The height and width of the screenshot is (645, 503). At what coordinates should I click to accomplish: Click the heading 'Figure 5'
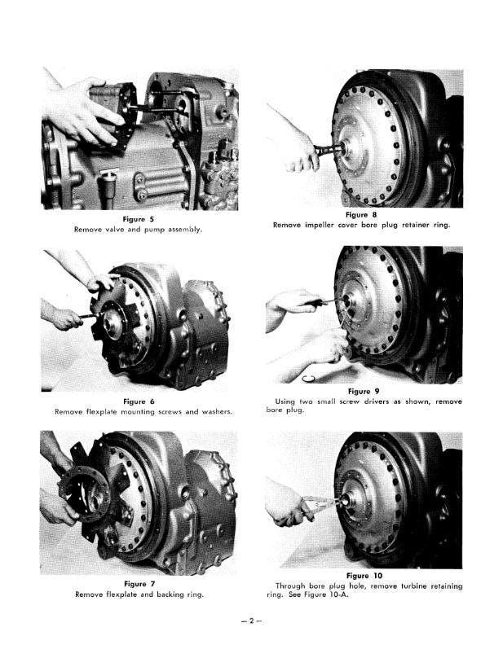[x=138, y=219]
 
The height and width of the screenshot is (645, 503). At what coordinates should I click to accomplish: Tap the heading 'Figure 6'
[x=139, y=401]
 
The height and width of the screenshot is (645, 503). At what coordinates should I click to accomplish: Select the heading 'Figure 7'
[x=139, y=584]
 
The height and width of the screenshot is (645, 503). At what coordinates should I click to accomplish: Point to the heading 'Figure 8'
[x=361, y=215]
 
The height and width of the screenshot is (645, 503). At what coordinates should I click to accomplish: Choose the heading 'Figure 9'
[x=364, y=391]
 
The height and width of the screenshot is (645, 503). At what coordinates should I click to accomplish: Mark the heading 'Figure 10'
[x=364, y=576]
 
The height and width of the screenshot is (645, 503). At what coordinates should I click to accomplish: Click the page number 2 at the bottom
[x=251, y=621]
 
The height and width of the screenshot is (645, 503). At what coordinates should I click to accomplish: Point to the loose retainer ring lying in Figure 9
[x=308, y=379]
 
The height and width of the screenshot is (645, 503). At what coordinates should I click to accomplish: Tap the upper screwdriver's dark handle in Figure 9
[x=314, y=303]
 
